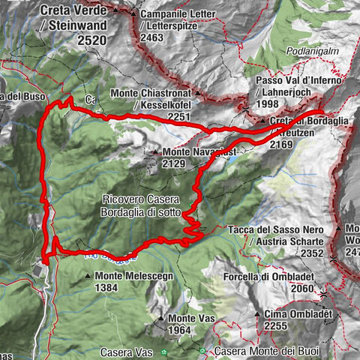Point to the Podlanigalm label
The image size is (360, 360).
click(313, 52)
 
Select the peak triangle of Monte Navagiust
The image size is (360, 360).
click(154, 152)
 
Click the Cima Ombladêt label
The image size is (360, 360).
click(298, 314)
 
